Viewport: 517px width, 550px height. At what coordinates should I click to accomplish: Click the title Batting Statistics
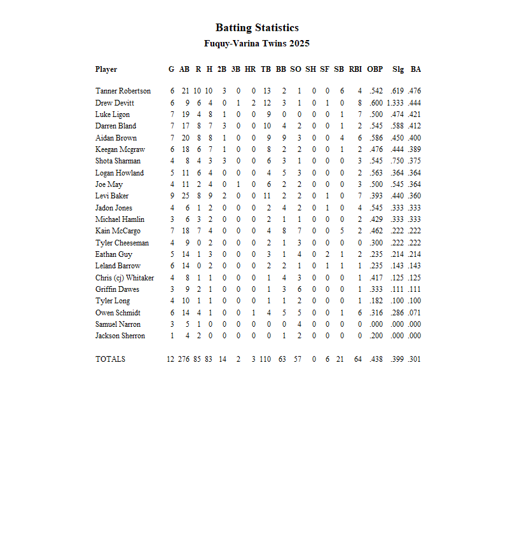(257, 27)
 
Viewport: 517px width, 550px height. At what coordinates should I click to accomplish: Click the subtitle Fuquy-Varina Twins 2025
(257, 44)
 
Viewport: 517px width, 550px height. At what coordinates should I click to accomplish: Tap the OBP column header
(375, 69)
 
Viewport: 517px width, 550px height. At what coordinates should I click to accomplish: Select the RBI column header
(355, 69)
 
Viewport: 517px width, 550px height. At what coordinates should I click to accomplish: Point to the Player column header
(106, 69)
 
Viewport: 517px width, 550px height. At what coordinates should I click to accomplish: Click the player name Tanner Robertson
(123, 91)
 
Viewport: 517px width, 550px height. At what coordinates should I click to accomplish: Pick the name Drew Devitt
(114, 103)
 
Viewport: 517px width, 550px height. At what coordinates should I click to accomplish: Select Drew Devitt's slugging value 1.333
(395, 103)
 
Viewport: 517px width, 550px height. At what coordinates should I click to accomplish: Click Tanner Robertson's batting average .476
(415, 91)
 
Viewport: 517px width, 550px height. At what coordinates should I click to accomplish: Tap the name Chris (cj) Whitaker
(125, 278)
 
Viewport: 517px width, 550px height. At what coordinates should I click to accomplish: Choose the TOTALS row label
(110, 359)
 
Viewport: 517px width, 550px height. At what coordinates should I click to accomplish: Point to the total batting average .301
(415, 359)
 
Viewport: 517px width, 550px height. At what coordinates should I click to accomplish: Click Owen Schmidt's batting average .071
(415, 313)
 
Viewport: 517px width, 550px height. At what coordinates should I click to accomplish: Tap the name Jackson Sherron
(120, 336)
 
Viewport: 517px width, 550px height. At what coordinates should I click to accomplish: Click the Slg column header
(398, 69)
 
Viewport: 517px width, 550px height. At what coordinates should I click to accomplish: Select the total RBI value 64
(358, 359)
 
